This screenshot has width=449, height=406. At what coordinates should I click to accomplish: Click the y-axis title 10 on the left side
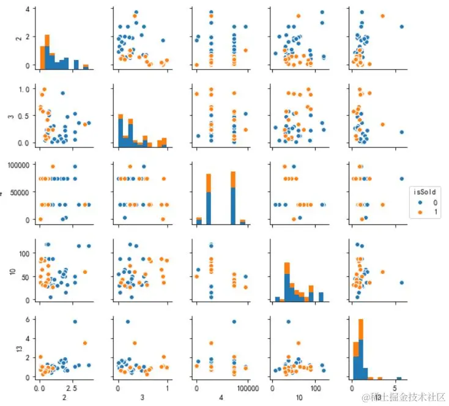coord(7,270)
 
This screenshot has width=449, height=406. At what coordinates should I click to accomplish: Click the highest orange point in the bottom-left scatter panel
coord(85,342)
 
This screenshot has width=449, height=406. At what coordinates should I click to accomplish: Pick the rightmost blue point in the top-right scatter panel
coord(402,26)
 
